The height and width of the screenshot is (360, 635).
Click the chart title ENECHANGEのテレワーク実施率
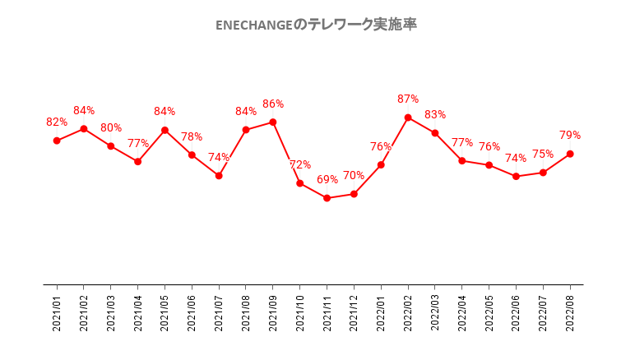316,25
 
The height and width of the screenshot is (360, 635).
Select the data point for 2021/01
57,141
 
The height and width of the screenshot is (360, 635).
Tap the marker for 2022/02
408,118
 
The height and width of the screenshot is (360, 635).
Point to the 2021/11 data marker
327,198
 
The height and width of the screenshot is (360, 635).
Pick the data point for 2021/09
273,122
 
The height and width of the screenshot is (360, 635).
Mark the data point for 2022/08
570,154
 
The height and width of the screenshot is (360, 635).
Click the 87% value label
408,99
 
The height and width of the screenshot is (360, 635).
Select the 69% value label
327,179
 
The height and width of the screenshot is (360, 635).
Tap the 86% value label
273,104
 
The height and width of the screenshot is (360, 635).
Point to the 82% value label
57,122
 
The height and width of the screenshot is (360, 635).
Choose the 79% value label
570,135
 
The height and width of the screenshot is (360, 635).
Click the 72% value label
300,164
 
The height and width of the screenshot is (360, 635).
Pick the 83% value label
435,114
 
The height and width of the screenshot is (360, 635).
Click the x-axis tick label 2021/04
138,313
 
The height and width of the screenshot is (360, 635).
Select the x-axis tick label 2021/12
354,313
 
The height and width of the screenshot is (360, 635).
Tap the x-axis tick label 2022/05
489,313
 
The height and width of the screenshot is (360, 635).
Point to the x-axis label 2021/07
219,313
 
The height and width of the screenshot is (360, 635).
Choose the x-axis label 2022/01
381,313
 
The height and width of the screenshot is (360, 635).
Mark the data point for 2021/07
219,176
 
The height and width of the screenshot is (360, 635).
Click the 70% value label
354,175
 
